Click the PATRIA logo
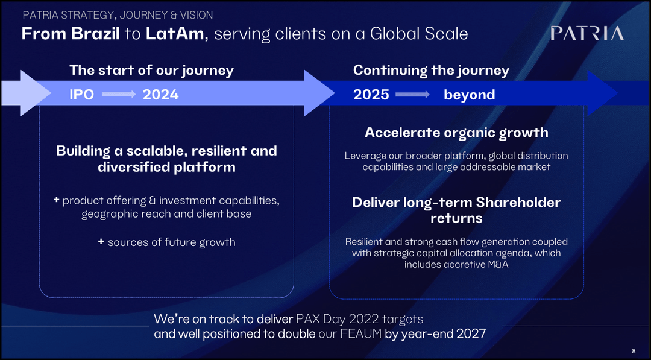click(x=587, y=34)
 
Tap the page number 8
click(x=634, y=351)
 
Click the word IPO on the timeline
click(x=81, y=95)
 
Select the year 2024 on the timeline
click(x=160, y=95)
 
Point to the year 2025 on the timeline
click(x=371, y=95)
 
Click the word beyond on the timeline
click(x=469, y=95)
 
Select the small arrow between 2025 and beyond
click(x=412, y=95)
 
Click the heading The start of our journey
click(x=151, y=70)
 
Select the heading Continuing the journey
click(x=431, y=70)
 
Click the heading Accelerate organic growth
click(x=456, y=133)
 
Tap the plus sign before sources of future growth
click(x=101, y=242)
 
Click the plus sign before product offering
click(x=56, y=200)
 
